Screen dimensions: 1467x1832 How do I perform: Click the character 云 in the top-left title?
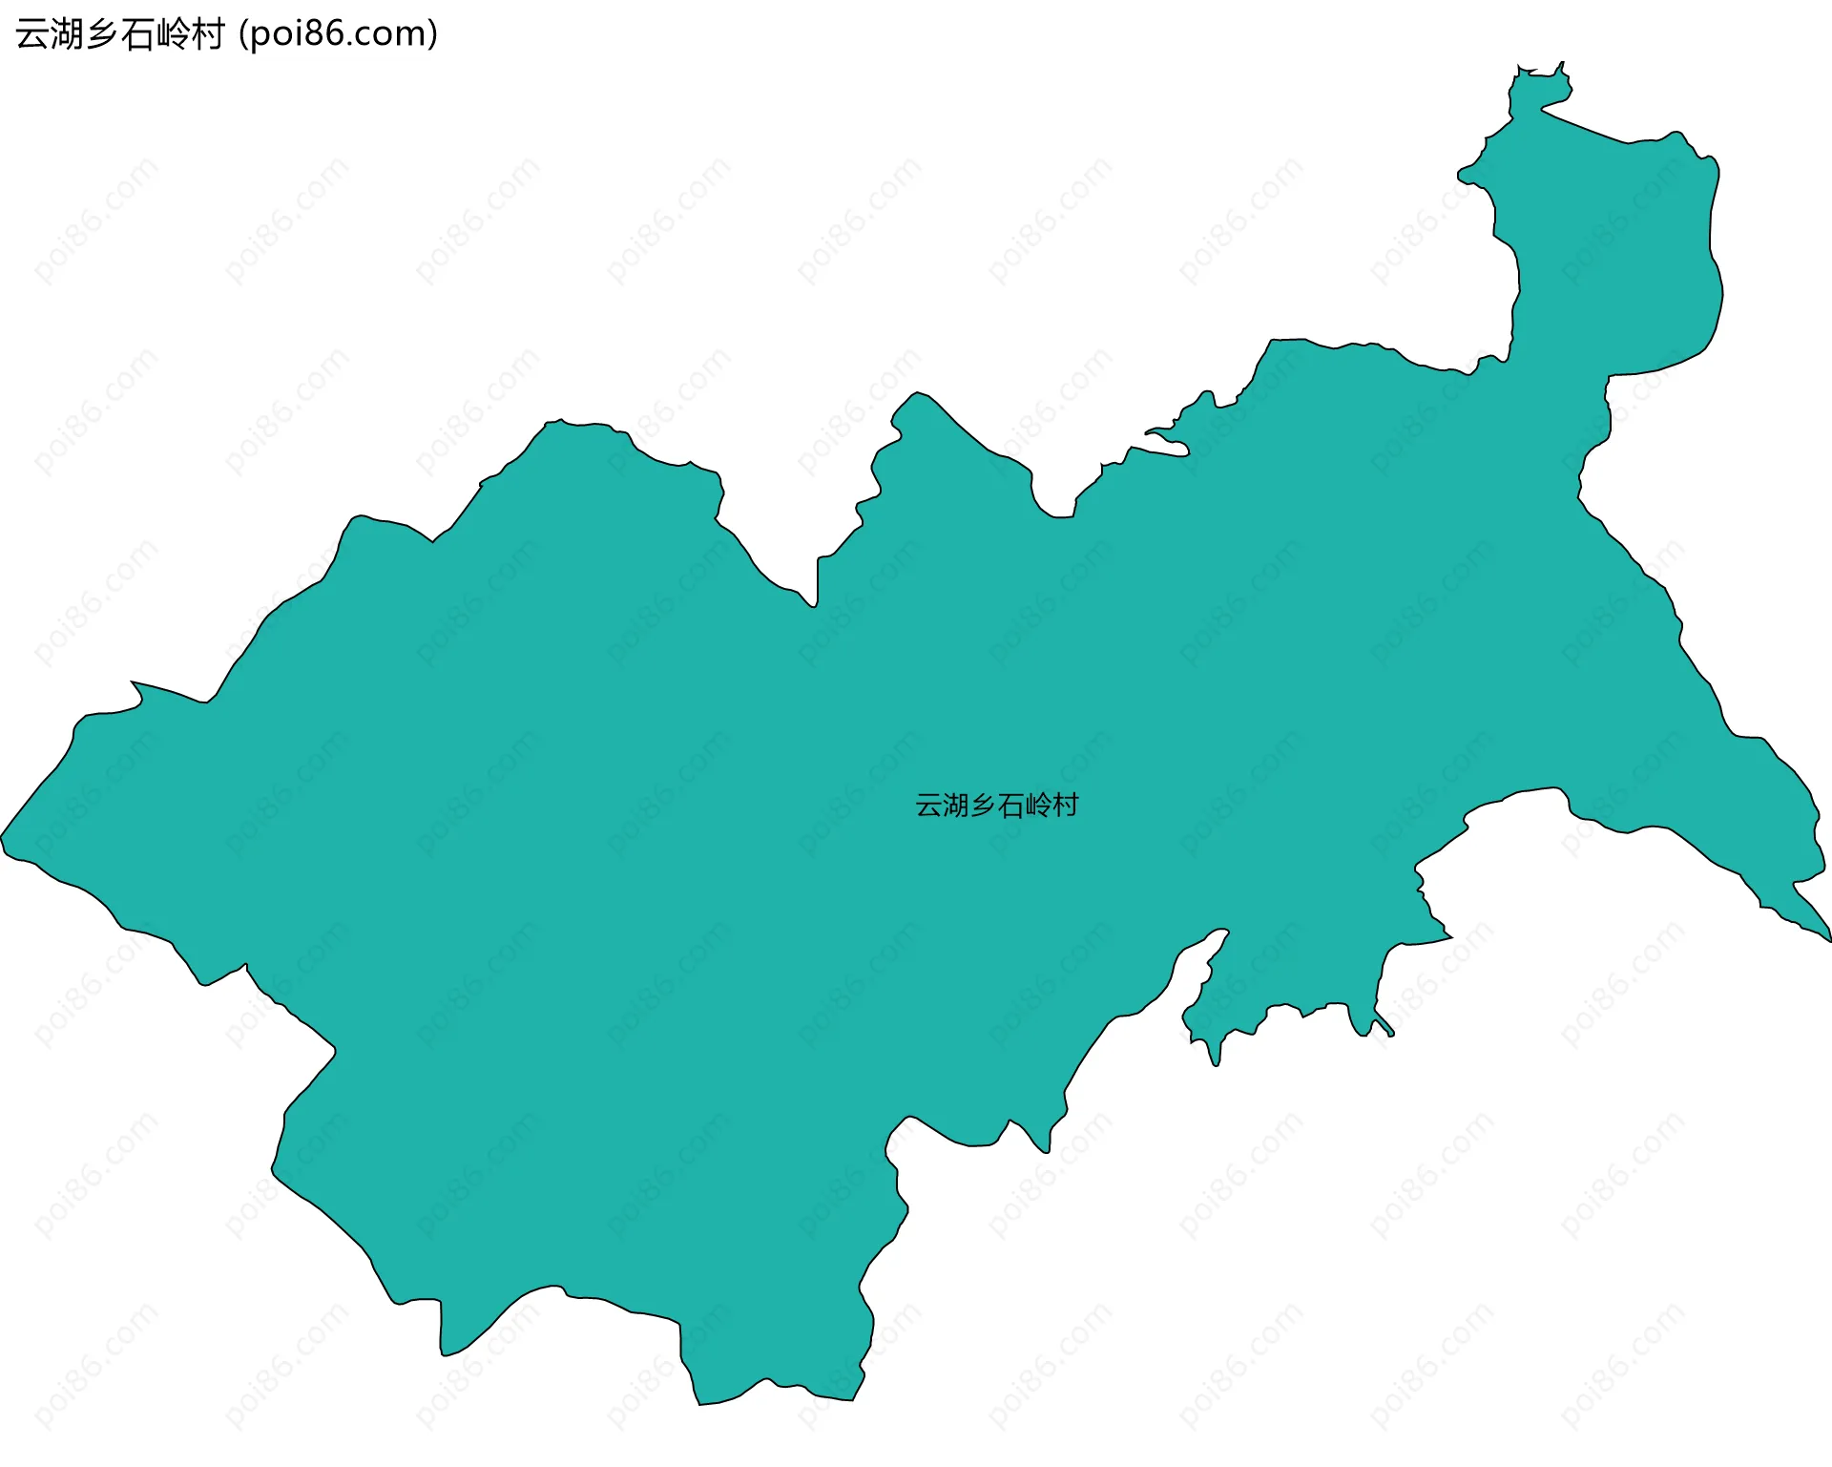(32, 34)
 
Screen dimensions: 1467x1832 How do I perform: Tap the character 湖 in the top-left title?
(67, 34)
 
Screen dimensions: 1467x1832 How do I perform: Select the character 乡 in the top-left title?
(102, 34)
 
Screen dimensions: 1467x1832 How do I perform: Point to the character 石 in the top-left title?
(137, 34)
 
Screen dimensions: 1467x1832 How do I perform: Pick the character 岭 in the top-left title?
(173, 34)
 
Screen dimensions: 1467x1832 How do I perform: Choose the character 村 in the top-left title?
(207, 34)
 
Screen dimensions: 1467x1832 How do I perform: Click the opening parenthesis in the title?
(244, 34)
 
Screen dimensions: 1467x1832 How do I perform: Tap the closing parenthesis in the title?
(433, 34)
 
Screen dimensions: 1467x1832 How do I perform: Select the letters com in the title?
(389, 34)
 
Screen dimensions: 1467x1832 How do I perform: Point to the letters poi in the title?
(273, 34)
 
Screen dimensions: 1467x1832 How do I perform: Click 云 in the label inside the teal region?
(928, 806)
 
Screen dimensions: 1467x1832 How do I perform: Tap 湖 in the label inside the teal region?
(956, 806)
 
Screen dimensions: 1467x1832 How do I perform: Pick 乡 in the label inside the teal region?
(984, 806)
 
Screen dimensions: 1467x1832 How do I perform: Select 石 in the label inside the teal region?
(1011, 806)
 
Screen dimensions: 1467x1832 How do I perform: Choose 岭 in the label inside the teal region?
(1038, 806)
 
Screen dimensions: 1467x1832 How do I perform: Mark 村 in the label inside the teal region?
(1066, 806)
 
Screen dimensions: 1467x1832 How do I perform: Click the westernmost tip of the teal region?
(3, 839)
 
